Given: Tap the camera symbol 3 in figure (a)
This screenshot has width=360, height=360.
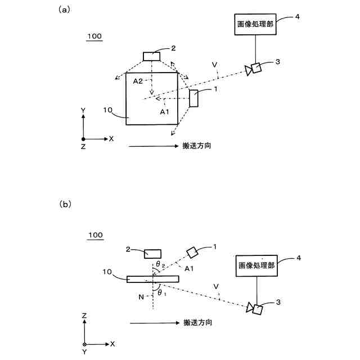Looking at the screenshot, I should point(254,69).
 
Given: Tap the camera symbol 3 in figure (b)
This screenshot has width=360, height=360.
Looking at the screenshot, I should point(255,308).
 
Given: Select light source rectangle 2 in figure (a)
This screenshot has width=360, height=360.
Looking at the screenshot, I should point(152,56).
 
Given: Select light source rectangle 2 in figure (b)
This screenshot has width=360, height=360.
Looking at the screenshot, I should point(152,254).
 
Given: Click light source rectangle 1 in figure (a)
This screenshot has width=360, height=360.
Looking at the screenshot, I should point(193,98).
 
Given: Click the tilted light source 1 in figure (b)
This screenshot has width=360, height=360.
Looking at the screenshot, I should point(192,251).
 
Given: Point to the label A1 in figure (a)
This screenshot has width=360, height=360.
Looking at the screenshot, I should point(165,112).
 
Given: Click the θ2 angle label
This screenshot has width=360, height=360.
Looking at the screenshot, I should point(160,263).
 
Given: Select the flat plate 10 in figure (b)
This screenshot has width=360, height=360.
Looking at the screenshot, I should point(152,278).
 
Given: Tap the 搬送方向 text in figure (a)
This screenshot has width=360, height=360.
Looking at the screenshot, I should point(197,146).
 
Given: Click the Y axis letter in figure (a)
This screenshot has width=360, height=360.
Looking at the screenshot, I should point(83,110).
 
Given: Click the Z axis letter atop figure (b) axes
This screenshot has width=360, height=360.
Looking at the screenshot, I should point(84,316).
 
